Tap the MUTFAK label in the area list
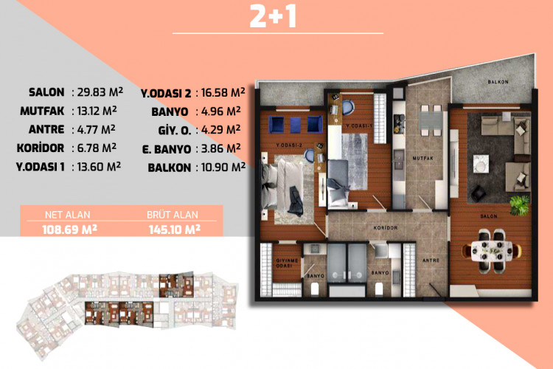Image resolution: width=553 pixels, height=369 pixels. click(x=43, y=111)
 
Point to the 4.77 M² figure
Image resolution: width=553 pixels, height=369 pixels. click(x=97, y=129)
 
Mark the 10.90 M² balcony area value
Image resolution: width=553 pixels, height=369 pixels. click(x=224, y=167)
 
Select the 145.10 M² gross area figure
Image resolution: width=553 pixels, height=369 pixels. click(x=174, y=229)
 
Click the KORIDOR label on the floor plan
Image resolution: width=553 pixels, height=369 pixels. click(x=386, y=228)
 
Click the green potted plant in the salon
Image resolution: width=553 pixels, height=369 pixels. click(x=520, y=200)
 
